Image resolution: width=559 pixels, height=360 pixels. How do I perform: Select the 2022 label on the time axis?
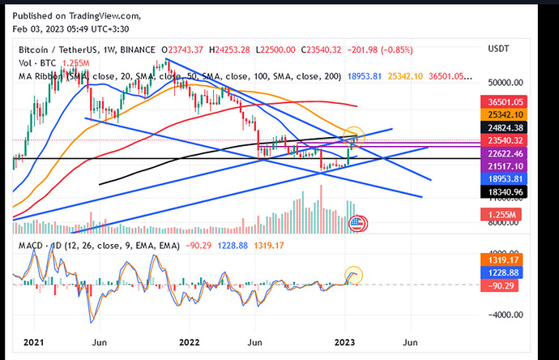pos(190,342)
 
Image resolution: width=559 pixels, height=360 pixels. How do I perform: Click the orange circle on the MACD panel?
pos(353,275)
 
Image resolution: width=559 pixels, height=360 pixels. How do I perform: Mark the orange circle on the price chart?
pos(354,134)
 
